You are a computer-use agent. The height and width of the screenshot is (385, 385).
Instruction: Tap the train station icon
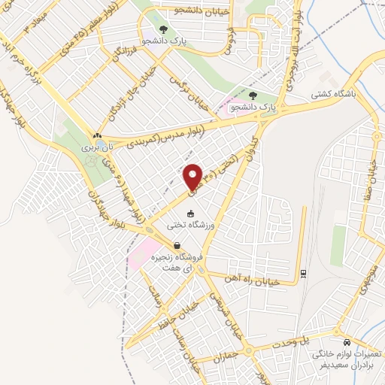tap(302, 273)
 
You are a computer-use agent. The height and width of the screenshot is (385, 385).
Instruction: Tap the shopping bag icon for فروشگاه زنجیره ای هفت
tap(176, 246)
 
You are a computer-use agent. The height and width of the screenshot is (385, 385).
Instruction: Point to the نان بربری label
tap(96, 148)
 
